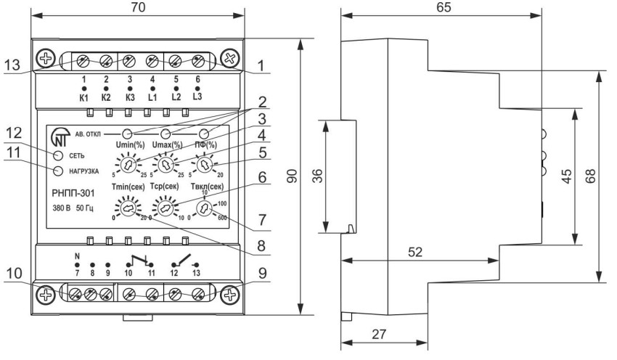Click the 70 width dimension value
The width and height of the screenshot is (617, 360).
(x=137, y=7)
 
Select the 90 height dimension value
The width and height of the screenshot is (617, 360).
(x=292, y=176)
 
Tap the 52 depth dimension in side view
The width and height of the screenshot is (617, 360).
(x=414, y=252)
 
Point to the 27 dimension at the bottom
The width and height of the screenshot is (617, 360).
(x=379, y=334)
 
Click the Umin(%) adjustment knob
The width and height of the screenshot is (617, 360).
(x=128, y=165)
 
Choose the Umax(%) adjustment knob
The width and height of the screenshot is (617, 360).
(x=166, y=165)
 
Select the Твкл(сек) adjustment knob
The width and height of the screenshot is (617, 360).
(x=204, y=208)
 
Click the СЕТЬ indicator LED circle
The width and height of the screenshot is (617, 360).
(x=58, y=155)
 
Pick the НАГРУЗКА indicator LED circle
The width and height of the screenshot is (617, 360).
(x=58, y=171)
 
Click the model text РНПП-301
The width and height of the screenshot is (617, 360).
(x=73, y=194)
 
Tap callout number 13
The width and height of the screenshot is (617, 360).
(x=12, y=65)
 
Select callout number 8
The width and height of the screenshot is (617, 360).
(x=261, y=246)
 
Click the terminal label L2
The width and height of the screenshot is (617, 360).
(x=176, y=97)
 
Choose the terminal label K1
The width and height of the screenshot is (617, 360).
(x=83, y=97)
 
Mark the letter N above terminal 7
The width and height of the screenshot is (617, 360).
(x=77, y=256)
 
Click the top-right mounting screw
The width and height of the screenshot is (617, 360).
(x=230, y=59)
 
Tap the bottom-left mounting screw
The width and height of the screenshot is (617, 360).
(x=46, y=295)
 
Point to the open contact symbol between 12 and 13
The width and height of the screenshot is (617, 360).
(x=185, y=261)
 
